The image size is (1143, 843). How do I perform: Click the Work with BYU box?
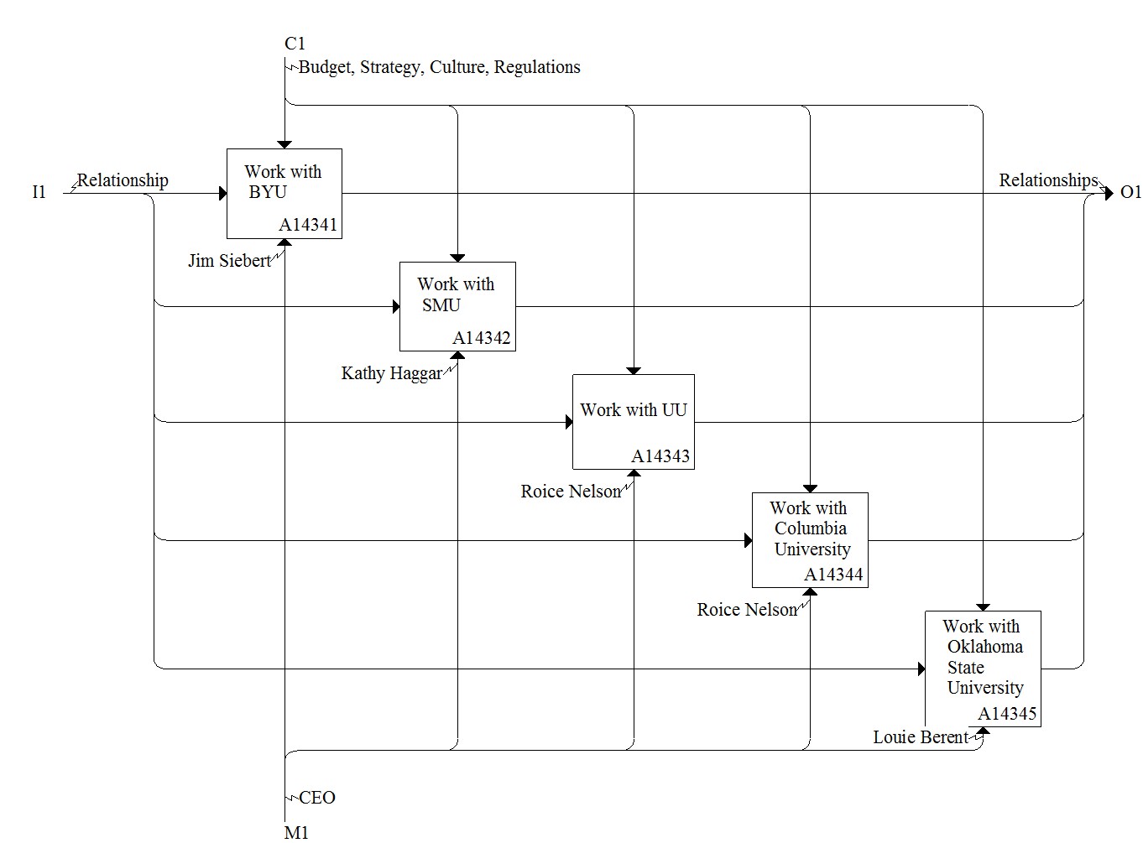point(284,193)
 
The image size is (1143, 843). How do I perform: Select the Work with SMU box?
point(457,307)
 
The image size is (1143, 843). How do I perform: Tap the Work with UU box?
point(634,421)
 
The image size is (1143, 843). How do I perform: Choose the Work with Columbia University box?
point(810,540)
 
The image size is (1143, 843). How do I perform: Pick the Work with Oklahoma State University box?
point(983,669)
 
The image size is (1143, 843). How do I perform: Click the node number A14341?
point(308,225)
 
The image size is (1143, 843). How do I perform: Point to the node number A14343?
point(660,456)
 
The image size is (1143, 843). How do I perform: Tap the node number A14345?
point(1007,714)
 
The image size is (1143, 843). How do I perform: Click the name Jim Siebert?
point(229,261)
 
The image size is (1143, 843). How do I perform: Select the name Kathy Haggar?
point(392,373)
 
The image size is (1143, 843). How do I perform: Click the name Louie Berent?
point(921,737)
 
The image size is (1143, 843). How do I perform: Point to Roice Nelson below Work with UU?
point(571,492)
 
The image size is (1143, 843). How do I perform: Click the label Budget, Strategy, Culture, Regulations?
point(440,67)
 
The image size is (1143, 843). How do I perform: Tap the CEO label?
point(317,798)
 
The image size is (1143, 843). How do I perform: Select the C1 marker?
point(295,44)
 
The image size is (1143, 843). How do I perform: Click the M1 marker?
point(296,833)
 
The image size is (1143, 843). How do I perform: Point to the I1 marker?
point(39,192)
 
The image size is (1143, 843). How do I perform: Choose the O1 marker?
point(1130,192)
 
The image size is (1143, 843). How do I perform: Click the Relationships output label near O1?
point(1049,180)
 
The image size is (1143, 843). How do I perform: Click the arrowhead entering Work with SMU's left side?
point(396,307)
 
